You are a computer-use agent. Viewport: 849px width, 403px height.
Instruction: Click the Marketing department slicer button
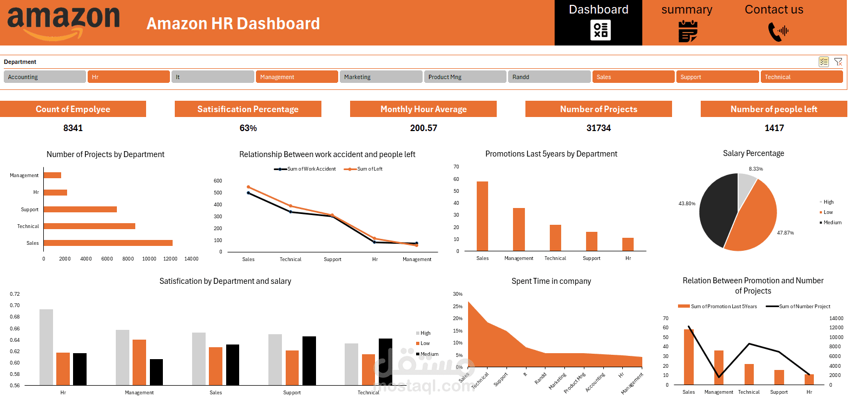[381, 77]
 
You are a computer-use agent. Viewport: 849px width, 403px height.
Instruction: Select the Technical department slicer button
[801, 77]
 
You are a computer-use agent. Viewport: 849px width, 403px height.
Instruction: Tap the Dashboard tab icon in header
[601, 30]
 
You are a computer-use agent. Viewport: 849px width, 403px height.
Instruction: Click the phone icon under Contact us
[778, 31]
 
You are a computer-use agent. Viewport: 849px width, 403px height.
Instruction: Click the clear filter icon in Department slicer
[838, 62]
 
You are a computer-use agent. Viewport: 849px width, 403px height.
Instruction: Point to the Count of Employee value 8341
[73, 128]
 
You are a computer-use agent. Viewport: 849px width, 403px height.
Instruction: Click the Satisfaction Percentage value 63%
[248, 128]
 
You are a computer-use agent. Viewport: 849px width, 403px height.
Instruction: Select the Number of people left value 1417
[774, 128]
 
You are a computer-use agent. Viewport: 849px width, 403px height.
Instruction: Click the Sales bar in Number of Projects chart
[108, 243]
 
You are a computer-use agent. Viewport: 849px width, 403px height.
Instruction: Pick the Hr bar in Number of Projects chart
[55, 192]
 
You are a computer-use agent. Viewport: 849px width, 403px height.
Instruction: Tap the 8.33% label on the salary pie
[756, 169]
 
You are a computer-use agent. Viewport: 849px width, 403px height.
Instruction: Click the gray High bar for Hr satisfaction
[47, 347]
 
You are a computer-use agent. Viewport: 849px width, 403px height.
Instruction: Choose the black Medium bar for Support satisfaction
[309, 360]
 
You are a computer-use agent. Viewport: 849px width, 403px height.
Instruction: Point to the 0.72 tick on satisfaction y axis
[15, 294]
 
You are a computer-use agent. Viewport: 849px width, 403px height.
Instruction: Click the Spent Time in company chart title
[551, 281]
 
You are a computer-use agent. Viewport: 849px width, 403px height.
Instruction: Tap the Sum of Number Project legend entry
[804, 307]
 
